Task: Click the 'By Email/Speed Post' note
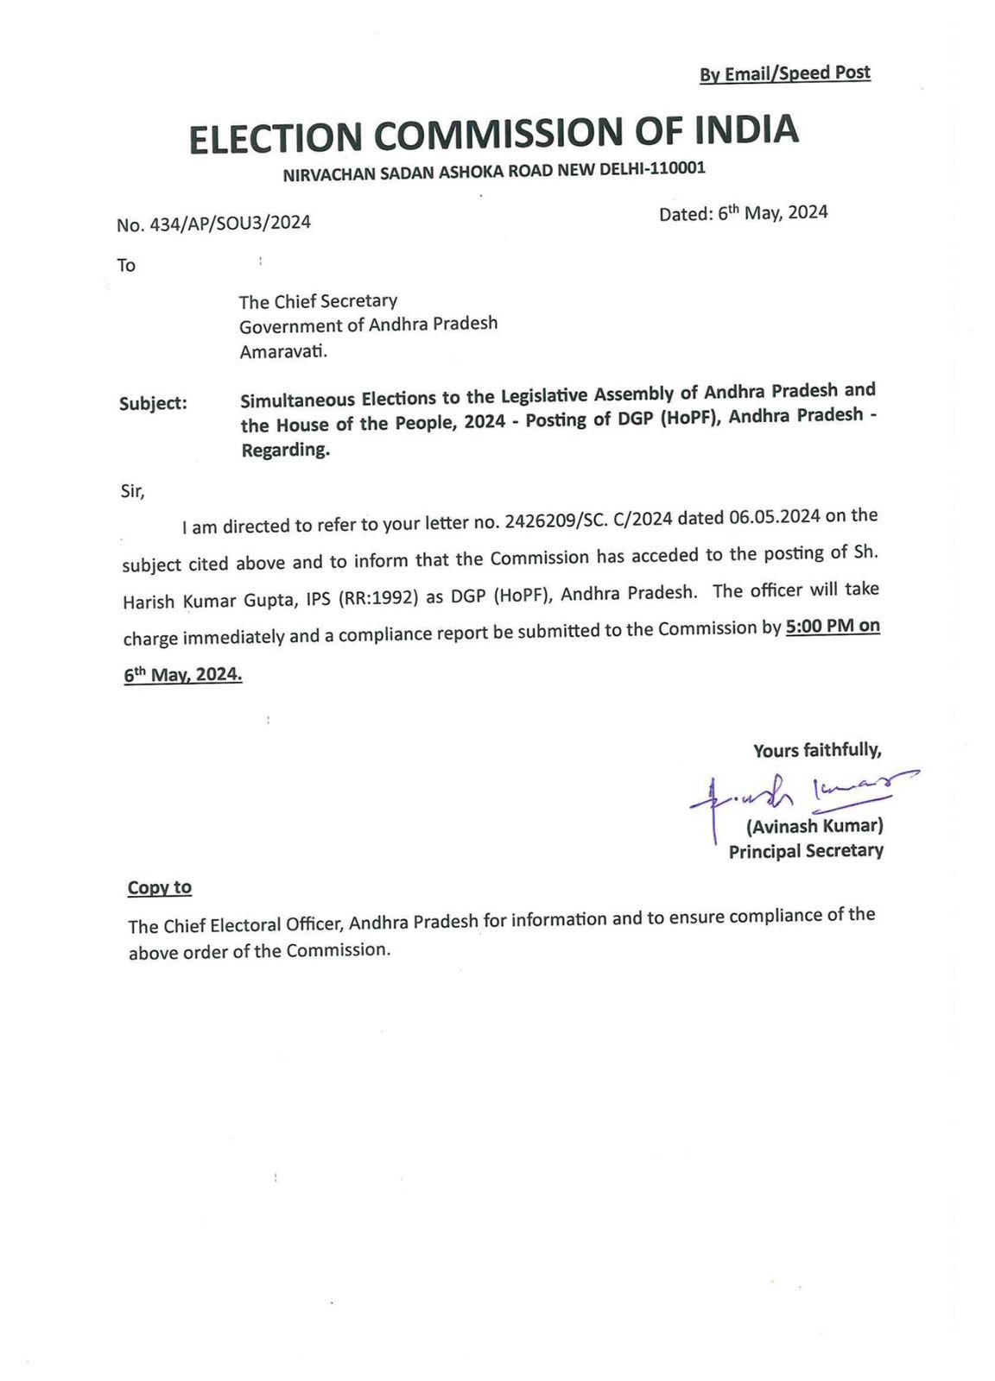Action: coord(784,73)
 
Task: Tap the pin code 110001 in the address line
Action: coord(677,168)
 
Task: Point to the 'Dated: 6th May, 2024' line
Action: coord(743,213)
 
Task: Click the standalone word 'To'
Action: coord(126,265)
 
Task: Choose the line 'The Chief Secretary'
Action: coord(318,301)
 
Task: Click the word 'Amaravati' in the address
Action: coord(282,351)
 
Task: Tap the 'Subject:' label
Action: coord(153,403)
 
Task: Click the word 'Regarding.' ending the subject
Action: coord(285,450)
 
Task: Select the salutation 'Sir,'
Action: coord(133,491)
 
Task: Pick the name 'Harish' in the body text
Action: coord(149,602)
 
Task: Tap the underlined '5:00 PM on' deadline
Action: coord(833,626)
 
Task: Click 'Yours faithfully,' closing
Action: coord(816,750)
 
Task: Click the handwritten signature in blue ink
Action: coord(799,790)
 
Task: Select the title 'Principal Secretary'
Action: coord(806,851)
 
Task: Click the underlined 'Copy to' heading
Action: coord(160,887)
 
